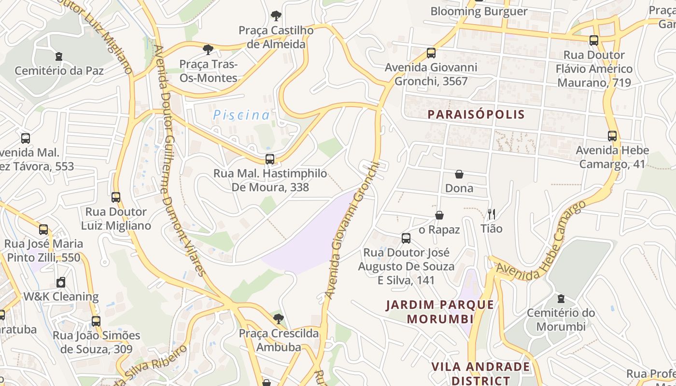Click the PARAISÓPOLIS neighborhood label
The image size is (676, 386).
(x=476, y=114)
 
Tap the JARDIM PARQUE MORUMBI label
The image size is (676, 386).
(x=440, y=312)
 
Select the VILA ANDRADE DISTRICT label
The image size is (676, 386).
(x=480, y=373)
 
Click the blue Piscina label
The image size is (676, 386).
(x=241, y=115)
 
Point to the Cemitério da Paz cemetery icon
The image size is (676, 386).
(x=59, y=56)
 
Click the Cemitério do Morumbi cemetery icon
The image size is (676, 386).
(x=561, y=299)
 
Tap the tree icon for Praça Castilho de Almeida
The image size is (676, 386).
(x=276, y=16)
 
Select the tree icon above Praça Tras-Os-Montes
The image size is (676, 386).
(x=208, y=49)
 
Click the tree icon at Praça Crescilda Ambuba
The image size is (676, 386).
(x=278, y=318)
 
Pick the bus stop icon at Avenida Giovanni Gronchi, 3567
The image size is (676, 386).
(x=431, y=53)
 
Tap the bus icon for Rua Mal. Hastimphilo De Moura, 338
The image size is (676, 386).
(x=270, y=159)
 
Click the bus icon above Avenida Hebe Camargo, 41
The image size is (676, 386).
(x=612, y=136)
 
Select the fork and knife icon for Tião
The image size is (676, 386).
(x=492, y=214)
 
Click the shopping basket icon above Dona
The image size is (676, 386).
(x=459, y=174)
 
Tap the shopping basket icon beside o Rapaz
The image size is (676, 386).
(x=439, y=215)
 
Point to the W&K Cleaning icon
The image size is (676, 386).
(x=61, y=282)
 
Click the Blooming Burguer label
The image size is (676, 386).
(x=479, y=11)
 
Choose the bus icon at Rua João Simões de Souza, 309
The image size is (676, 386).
(x=96, y=321)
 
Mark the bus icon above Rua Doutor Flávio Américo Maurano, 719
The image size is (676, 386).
(x=593, y=41)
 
